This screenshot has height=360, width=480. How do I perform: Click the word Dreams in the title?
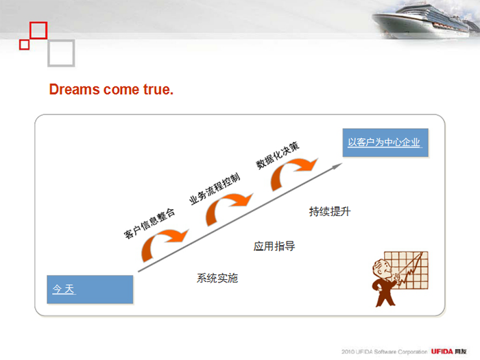pyautogui.click(x=74, y=89)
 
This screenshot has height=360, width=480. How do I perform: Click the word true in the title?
pyautogui.click(x=156, y=89)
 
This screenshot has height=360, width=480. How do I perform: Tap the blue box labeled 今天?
pyautogui.click(x=90, y=289)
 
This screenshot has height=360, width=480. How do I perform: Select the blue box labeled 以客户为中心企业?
pyautogui.click(x=385, y=143)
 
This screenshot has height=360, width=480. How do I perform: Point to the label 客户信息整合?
pyautogui.click(x=149, y=223)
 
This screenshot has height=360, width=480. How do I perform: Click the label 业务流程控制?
pyautogui.click(x=215, y=189)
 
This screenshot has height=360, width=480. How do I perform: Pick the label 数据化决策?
pyautogui.click(x=278, y=155)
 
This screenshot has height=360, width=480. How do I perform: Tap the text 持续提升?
pyautogui.click(x=330, y=211)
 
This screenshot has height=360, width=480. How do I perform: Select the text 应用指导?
pyautogui.click(x=274, y=246)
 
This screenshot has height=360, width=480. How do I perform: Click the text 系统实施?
pyautogui.click(x=217, y=278)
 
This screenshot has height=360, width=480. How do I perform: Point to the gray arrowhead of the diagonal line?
pyautogui.click(x=337, y=166)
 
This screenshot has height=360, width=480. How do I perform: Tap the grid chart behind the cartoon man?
pyautogui.click(x=407, y=270)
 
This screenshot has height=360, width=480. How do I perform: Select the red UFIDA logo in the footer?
pyautogui.click(x=442, y=351)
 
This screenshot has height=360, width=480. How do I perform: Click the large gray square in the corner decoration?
pyautogui.click(x=61, y=53)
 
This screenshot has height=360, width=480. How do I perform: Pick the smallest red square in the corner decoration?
pyautogui.click(x=24, y=45)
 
